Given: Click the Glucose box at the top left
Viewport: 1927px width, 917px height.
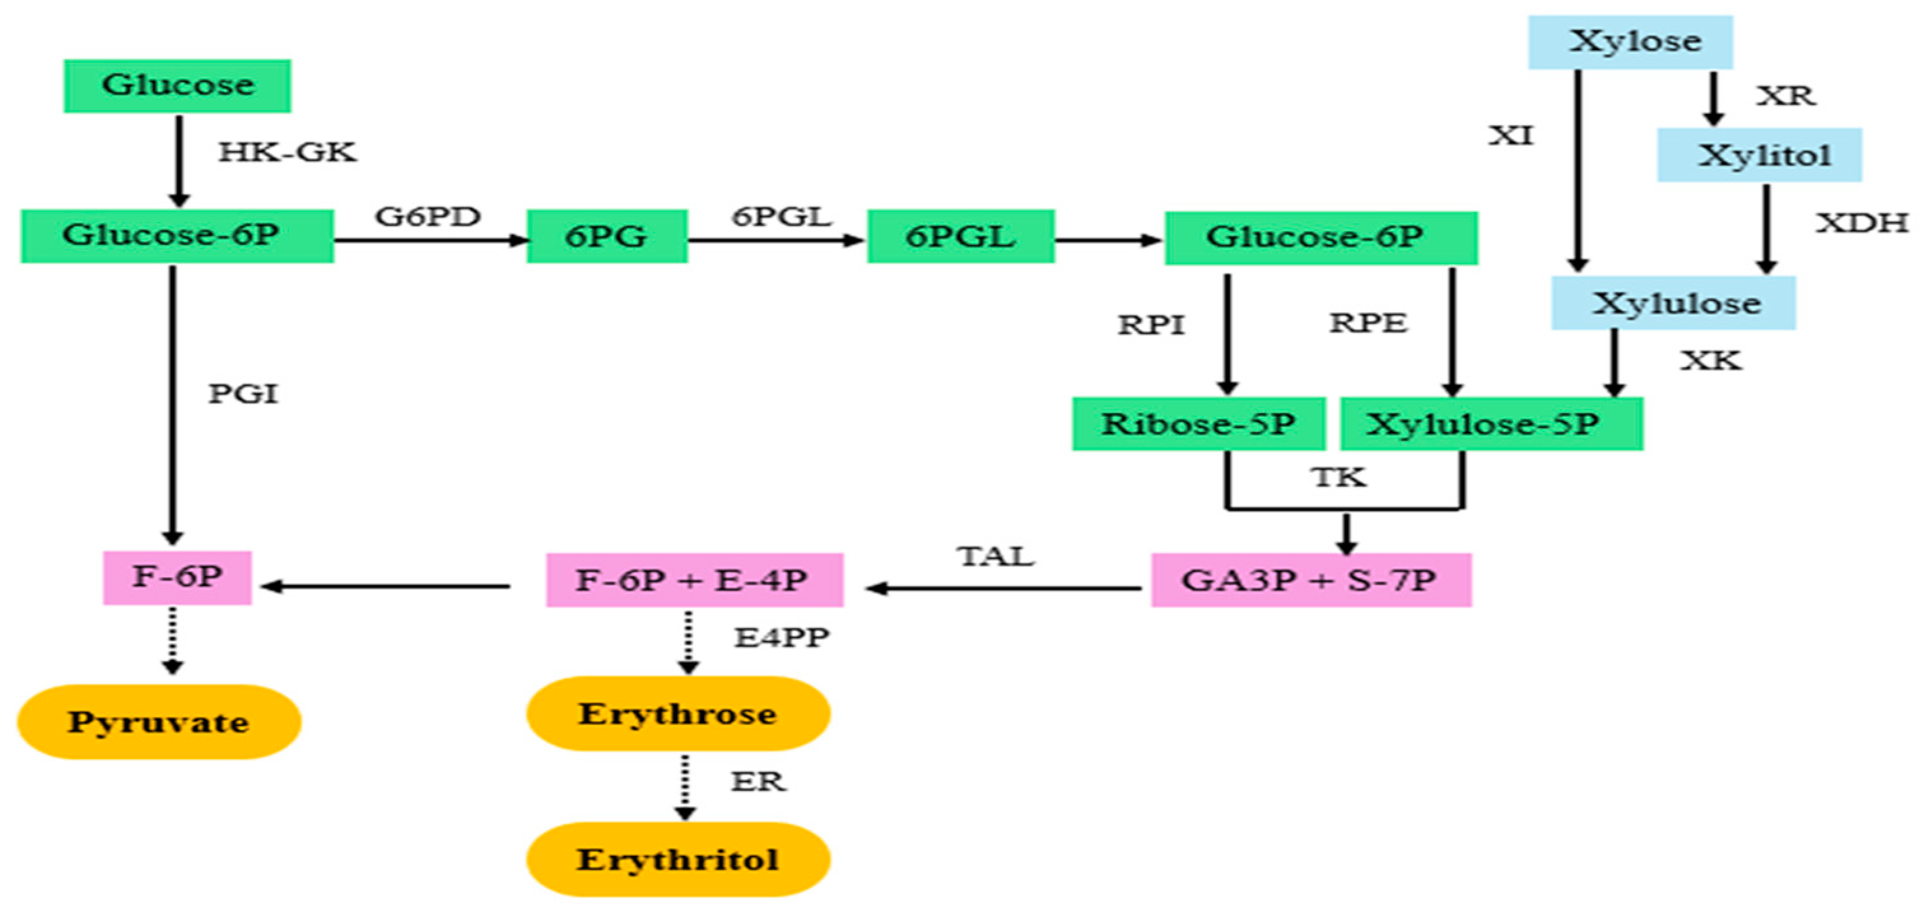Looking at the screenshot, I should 177,86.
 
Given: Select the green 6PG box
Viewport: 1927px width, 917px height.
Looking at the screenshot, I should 607,236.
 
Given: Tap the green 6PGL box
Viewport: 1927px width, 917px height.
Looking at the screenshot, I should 961,236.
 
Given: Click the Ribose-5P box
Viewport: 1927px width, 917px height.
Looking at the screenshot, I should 1198,424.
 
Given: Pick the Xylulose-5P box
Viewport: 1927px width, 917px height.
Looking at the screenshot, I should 1491,424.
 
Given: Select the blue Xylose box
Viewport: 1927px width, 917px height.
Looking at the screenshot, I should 1630,42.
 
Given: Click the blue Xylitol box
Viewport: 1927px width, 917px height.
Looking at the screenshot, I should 1759,155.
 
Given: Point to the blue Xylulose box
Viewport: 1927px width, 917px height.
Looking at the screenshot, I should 1674,303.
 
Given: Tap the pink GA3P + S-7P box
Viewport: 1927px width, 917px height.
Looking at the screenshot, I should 1311,580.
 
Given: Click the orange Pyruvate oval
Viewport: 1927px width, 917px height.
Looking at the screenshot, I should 159,722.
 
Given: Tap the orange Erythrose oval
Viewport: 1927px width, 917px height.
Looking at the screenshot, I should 678,713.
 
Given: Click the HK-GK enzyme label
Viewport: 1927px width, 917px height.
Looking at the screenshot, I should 287,153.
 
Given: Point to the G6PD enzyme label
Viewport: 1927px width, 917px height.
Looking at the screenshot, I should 428,217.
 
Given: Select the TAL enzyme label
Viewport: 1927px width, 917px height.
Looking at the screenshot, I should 995,556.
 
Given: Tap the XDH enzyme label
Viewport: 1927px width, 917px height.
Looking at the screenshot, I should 1862,223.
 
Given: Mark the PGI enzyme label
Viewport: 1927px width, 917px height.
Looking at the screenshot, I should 243,394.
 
